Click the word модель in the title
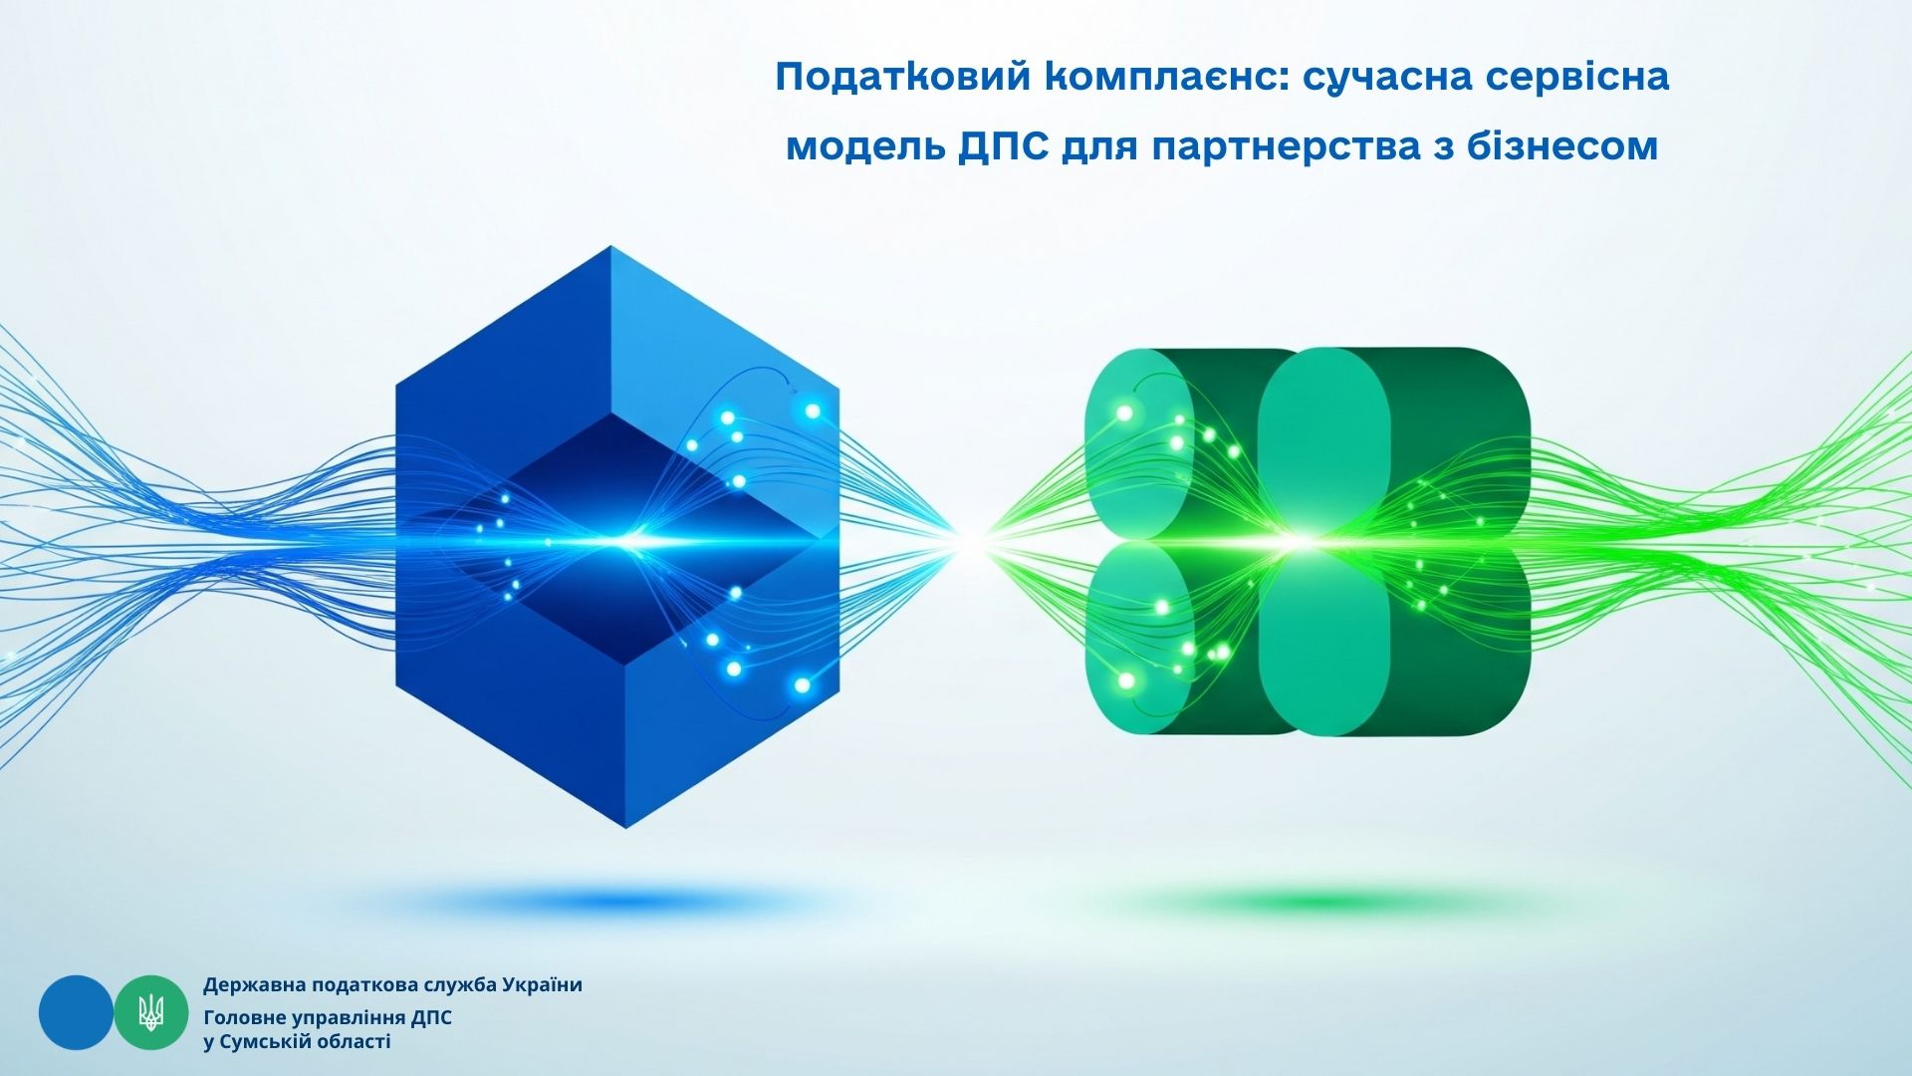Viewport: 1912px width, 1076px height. pyautogui.click(x=864, y=147)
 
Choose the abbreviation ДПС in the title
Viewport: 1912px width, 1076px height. pyautogui.click(x=1002, y=147)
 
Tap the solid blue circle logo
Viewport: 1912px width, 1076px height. pyautogui.click(x=76, y=1012)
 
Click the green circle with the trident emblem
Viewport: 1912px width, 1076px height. pyautogui.click(x=151, y=1012)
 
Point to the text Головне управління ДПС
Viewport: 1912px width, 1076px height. pyautogui.click(x=328, y=1018)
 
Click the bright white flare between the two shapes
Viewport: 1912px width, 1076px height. pyautogui.click(x=971, y=541)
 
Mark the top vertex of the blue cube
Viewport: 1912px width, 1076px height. pyautogui.click(x=610, y=246)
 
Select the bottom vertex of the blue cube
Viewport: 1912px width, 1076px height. pyautogui.click(x=625, y=828)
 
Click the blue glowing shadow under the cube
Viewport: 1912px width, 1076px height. pyautogui.click(x=612, y=903)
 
